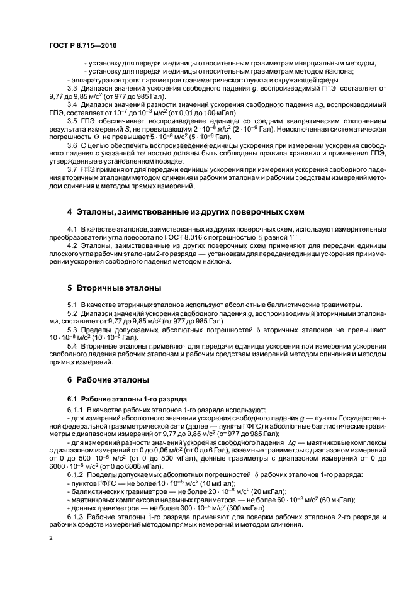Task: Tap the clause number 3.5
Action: tap(74, 120)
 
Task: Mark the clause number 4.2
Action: tap(74, 242)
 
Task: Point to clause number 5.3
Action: tap(74, 329)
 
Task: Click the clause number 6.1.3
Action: tap(76, 516)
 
